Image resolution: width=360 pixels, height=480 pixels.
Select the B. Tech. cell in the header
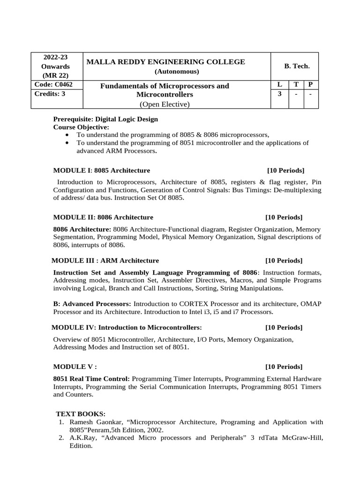[297, 66]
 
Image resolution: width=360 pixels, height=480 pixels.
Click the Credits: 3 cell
[50, 93]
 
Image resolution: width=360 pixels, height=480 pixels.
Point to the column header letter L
[280, 85]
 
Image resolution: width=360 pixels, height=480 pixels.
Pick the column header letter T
[296, 85]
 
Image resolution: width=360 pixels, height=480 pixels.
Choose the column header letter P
[310, 85]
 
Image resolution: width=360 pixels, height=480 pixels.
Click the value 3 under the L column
[280, 94]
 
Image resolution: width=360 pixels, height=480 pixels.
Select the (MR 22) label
[55, 75]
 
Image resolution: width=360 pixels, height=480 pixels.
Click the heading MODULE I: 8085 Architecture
[102, 170]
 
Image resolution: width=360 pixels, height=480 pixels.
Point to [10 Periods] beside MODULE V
[284, 367]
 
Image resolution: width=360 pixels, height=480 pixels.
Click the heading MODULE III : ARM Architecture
[105, 260]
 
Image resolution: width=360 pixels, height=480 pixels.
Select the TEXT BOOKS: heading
[81, 413]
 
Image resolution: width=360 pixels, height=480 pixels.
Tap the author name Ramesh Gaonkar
[96, 422]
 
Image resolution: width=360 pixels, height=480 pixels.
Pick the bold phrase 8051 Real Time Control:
[91, 378]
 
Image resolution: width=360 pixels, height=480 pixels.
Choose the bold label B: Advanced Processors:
[92, 304]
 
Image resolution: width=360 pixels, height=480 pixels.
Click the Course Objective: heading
[81, 127]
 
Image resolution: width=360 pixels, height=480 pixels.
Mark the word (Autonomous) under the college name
[177, 71]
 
